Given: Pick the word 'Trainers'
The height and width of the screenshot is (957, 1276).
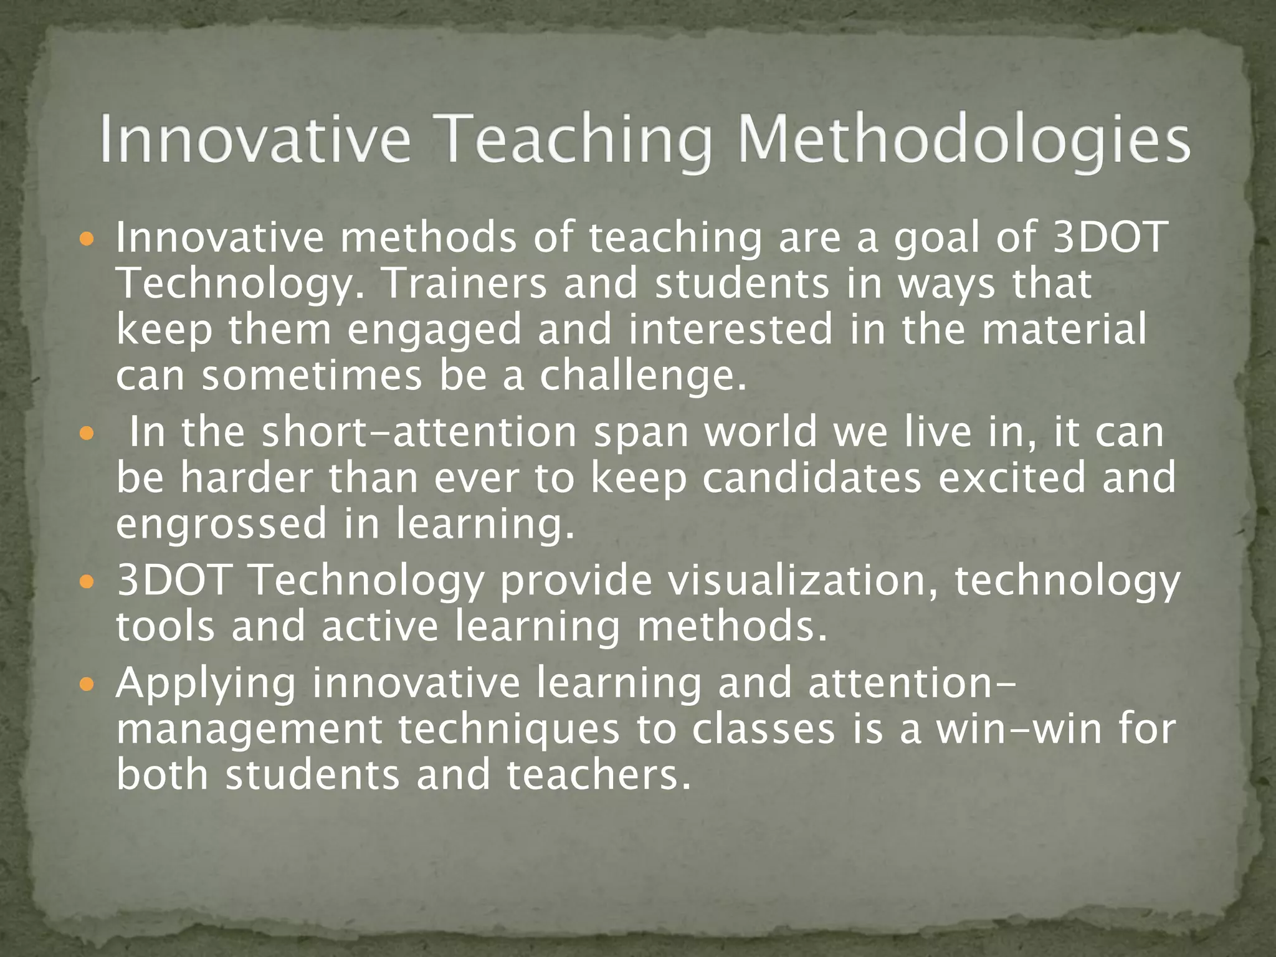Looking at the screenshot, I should pyautogui.click(x=464, y=284).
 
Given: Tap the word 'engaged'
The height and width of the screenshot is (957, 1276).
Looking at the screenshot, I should pyautogui.click(x=434, y=330).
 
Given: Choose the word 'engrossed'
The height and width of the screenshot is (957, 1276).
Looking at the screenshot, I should pyautogui.click(x=221, y=525).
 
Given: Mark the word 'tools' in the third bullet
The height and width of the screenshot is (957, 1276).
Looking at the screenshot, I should pyautogui.click(x=166, y=627).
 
